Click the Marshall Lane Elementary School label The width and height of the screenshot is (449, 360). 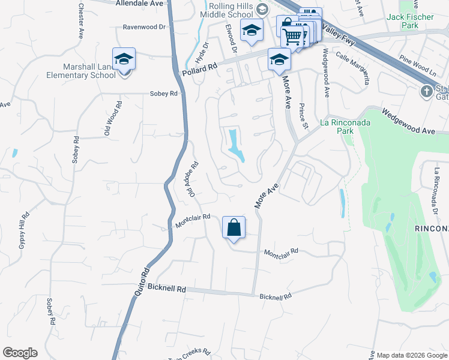tap(81, 71)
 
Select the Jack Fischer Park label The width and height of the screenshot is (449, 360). tap(410, 22)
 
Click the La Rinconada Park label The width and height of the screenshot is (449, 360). tap(342, 126)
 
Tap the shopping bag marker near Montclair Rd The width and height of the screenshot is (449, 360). tap(234, 228)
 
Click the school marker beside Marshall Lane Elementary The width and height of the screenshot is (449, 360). tap(124, 59)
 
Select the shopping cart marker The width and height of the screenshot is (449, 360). tap(292, 36)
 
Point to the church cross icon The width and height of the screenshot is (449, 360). tap(426, 91)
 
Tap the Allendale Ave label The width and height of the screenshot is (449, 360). tap(139, 3)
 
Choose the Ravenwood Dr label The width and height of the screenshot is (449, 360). tap(143, 27)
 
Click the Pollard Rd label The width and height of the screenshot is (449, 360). tap(199, 69)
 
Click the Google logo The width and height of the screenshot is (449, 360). tap(20, 353)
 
